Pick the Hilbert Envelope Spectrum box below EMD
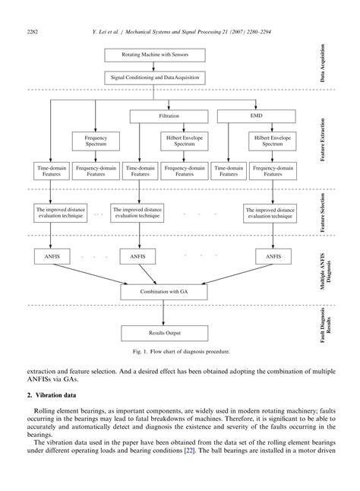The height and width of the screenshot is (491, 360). coord(269,141)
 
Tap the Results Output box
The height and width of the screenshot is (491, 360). coord(164,333)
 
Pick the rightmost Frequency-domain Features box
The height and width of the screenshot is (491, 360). coord(269,171)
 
